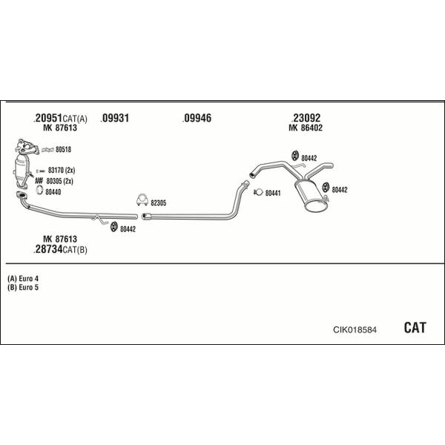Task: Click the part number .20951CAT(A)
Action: coord(61,118)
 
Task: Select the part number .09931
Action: coord(116,118)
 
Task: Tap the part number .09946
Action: coord(197,118)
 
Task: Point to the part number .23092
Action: coord(306,118)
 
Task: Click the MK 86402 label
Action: coord(306,128)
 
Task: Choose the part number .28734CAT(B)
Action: coord(61,249)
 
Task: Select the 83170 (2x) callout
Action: coord(61,170)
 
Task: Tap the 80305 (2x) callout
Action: coord(60,180)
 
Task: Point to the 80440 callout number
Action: coord(53,192)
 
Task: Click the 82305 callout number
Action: coord(159,202)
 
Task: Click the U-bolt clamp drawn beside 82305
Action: coord(140,200)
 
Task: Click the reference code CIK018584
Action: coord(354,329)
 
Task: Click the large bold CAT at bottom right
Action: coord(415,328)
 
